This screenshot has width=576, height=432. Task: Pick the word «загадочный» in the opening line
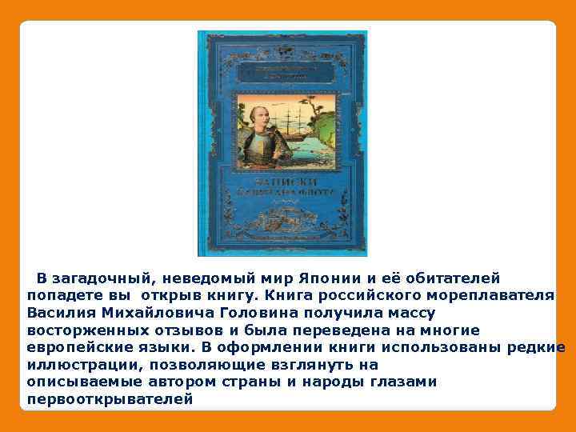pos(100,278)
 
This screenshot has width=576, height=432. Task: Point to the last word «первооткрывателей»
pos(110,399)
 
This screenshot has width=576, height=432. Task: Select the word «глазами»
pos(405,382)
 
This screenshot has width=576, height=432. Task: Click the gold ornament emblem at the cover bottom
pos(282,215)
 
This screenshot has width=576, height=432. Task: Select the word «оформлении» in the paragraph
pos(261,348)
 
